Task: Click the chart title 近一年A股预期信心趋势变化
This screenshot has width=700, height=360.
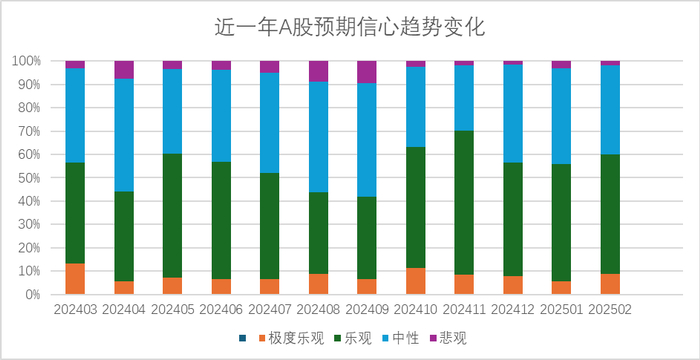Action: [x=349, y=28]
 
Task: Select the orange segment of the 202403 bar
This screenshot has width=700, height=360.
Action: [x=75, y=279]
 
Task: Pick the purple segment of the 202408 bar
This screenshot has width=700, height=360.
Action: [x=318, y=71]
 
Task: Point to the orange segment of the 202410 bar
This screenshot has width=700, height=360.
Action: [x=415, y=281]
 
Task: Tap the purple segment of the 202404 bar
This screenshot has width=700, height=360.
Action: [x=124, y=70]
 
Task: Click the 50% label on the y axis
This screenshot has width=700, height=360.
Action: [x=28, y=178]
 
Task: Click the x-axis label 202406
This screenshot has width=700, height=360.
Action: [x=221, y=312]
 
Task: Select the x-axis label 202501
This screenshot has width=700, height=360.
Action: [x=561, y=312]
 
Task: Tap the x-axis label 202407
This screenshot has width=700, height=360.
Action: [x=270, y=312]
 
